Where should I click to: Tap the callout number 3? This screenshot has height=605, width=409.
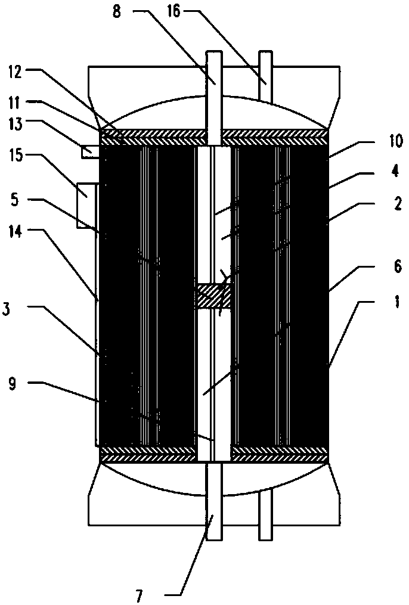tap(14, 309)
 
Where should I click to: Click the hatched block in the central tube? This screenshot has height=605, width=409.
tap(213, 296)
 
